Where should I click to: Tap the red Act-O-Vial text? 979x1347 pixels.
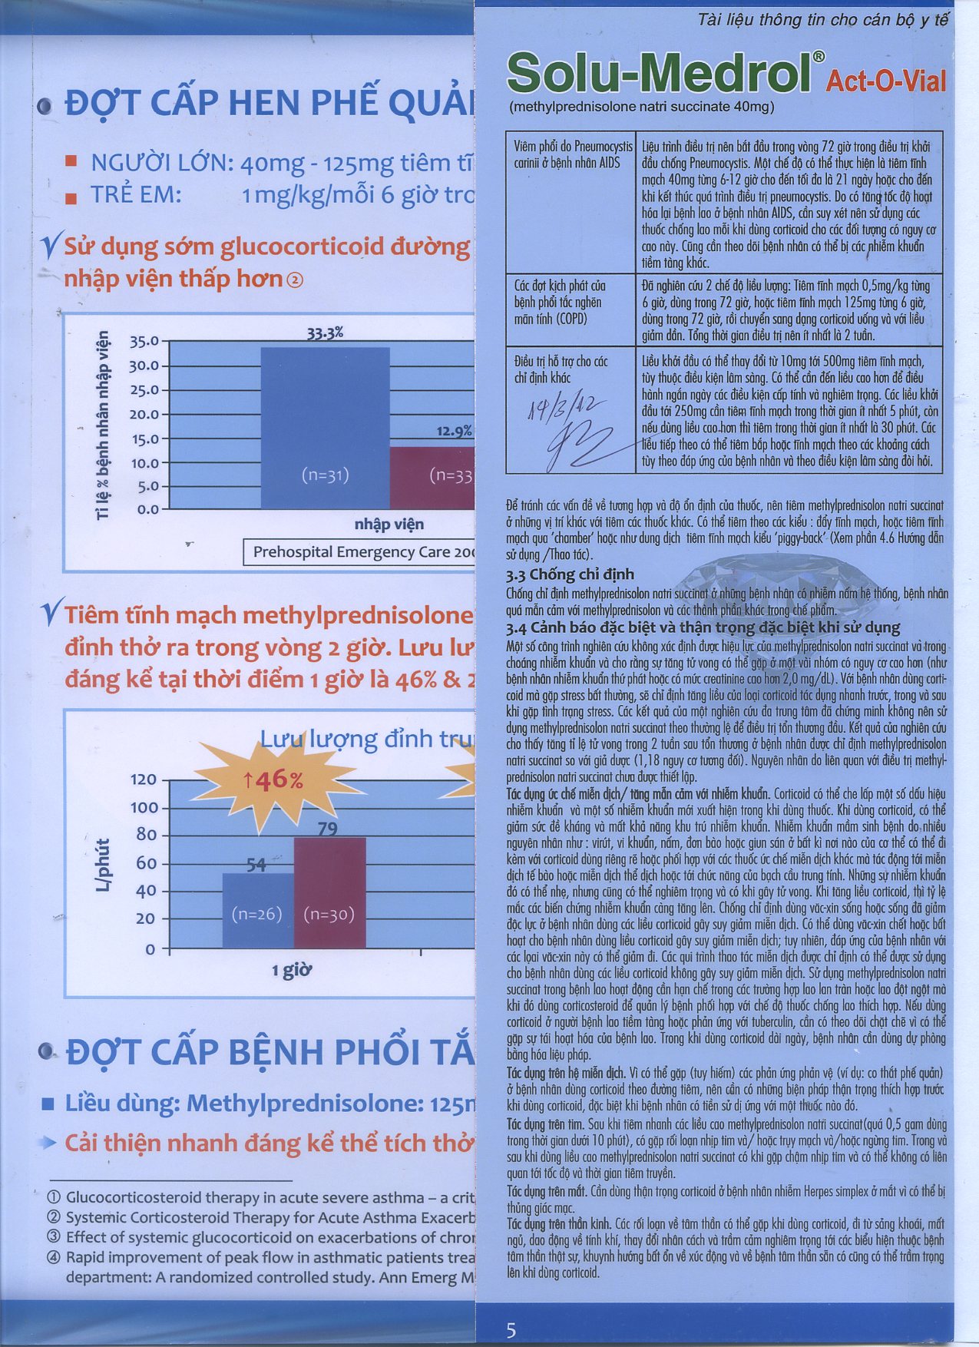pos(885,81)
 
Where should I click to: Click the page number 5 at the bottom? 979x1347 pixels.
pos(511,1330)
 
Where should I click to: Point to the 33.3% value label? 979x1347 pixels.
pos(325,333)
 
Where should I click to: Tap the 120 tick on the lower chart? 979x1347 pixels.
pos(144,779)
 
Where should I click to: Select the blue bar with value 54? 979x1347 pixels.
pos(258,910)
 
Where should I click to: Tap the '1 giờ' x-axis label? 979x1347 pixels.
pos(292,971)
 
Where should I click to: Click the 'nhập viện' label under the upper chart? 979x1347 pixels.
pos(389,524)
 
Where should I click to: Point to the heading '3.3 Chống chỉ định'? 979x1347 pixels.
pos(570,574)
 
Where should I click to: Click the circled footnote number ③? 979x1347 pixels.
pos(54,1237)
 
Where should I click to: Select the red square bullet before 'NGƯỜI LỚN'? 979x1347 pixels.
pos(71,162)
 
